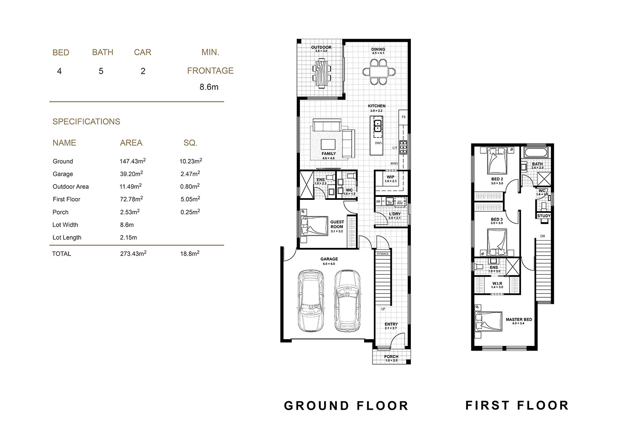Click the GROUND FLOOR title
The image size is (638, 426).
346,406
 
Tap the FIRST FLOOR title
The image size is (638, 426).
517,405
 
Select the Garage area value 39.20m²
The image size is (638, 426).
131,174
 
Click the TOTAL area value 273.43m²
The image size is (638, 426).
133,253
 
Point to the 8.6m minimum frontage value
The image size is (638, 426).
209,87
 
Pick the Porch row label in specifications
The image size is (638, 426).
60,212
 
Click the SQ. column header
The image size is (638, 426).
190,143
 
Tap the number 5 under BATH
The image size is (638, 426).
101,71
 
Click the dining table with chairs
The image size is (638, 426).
378,71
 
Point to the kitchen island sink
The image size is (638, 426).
377,125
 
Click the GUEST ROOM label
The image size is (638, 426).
337,224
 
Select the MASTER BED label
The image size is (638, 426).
518,319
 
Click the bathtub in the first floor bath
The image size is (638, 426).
536,153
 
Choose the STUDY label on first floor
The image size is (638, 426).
544,216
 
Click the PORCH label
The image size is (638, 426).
391,357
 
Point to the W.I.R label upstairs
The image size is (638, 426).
497,284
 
